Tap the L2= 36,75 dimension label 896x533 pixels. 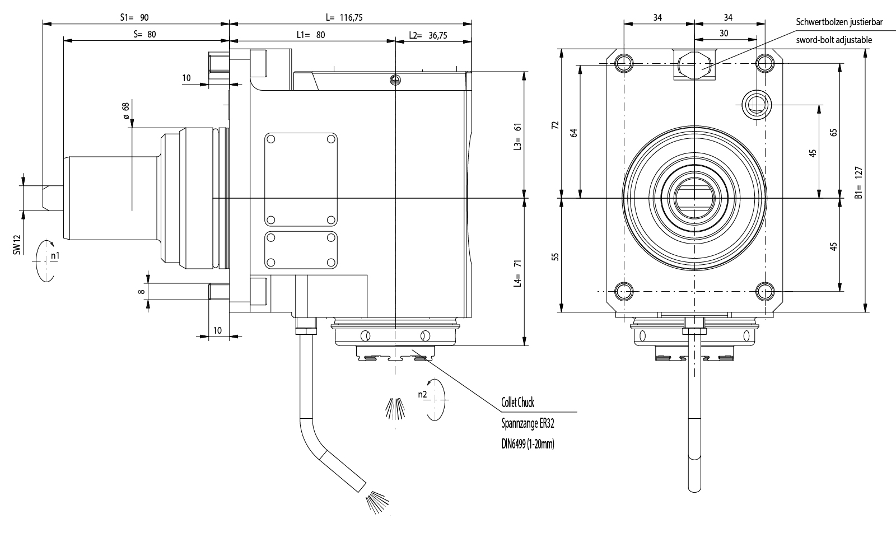pyautogui.click(x=428, y=35)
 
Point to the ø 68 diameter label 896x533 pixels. pyautogui.click(x=125, y=110)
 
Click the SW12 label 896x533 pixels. pyautogui.click(x=18, y=245)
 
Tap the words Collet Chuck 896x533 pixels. pyautogui.click(x=517, y=403)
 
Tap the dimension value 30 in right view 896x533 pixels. pyautogui.click(x=724, y=33)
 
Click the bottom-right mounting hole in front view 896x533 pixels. pyautogui.click(x=764, y=291)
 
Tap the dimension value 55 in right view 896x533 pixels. pyautogui.click(x=555, y=256)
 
